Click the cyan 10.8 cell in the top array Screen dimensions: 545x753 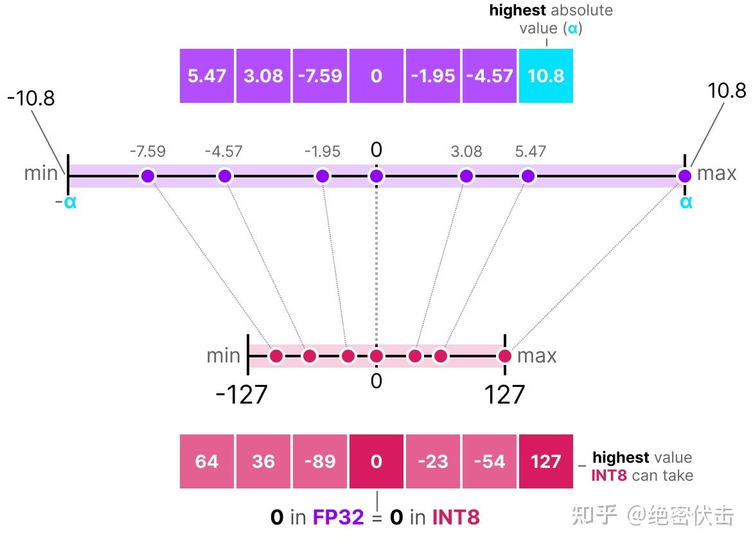coord(545,76)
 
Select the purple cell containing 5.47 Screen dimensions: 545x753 coord(207,76)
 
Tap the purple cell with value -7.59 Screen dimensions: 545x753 coord(320,76)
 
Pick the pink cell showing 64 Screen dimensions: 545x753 coord(207,461)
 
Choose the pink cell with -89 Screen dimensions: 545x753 coord(320,461)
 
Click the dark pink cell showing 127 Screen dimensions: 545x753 coord(545,461)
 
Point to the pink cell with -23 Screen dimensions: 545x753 coord(432,461)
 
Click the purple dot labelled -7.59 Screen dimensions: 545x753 coord(148,176)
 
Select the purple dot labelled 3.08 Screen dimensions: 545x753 coord(466,176)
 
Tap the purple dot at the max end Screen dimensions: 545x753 coord(685,176)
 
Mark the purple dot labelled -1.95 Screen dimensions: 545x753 coord(323,176)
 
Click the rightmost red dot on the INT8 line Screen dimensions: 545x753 coord(505,355)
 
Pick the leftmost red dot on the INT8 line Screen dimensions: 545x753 coord(276,355)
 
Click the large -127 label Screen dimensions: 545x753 coord(241,395)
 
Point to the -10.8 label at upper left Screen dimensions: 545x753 coord(31,98)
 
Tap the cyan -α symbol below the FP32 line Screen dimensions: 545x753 coord(66,202)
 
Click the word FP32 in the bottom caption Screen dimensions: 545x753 coord(338,517)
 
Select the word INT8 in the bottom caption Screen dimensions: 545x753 coord(456,517)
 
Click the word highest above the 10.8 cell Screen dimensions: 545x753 coord(517,10)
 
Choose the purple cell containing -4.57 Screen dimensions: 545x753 coord(489,76)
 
